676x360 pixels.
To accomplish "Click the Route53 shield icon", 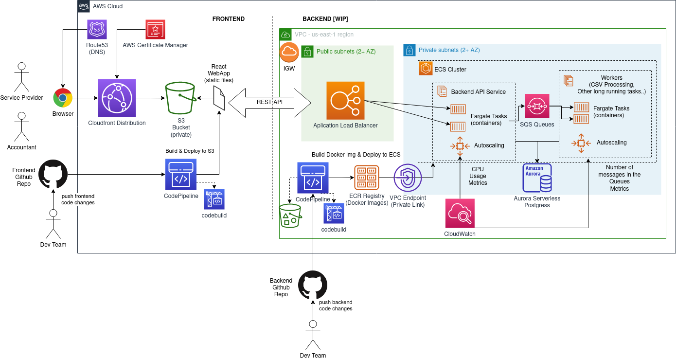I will [97, 30].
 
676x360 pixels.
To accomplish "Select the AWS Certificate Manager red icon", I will [155, 30].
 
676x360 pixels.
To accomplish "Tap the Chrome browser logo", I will [63, 98].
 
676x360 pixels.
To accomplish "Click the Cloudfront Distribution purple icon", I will [117, 98].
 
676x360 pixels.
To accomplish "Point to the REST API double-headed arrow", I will [269, 102].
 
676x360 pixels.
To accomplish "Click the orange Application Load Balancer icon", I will [345, 101].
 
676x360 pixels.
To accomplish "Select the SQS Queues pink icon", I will [537, 106].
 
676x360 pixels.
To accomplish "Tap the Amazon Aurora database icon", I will [537, 178].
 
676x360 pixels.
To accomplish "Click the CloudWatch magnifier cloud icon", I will [460, 213].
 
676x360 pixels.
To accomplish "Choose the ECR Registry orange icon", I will [367, 178].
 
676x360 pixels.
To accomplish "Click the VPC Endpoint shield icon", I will [408, 178].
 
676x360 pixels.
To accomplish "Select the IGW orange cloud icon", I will [289, 52].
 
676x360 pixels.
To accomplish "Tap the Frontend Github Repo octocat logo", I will [53, 174].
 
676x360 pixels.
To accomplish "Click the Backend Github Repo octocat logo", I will [313, 285].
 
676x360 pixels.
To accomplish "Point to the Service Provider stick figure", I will [21, 77].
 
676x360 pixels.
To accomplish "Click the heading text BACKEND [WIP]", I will [325, 19].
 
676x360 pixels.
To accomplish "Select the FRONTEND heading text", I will [229, 19].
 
